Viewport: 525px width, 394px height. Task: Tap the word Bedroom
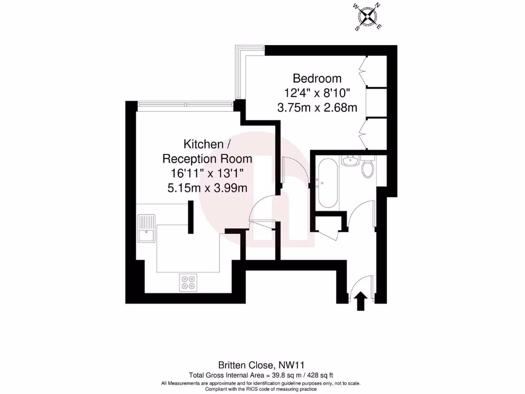tap(317, 78)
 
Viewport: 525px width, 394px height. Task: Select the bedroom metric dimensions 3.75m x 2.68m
tap(317, 108)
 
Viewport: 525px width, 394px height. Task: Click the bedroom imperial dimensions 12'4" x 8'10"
tap(317, 93)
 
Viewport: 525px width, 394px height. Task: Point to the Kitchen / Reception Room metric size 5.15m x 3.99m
tap(208, 188)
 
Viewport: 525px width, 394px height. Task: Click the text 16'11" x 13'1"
tap(208, 173)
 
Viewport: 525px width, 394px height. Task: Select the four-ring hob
tap(188, 282)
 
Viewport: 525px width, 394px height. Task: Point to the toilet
tap(368, 167)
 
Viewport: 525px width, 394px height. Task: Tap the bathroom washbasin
tap(351, 161)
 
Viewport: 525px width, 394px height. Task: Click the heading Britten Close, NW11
tap(262, 366)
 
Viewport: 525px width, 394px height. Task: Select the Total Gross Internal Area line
tap(262, 376)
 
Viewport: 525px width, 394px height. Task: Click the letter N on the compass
tap(378, 6)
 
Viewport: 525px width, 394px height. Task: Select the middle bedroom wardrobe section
tap(376, 103)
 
